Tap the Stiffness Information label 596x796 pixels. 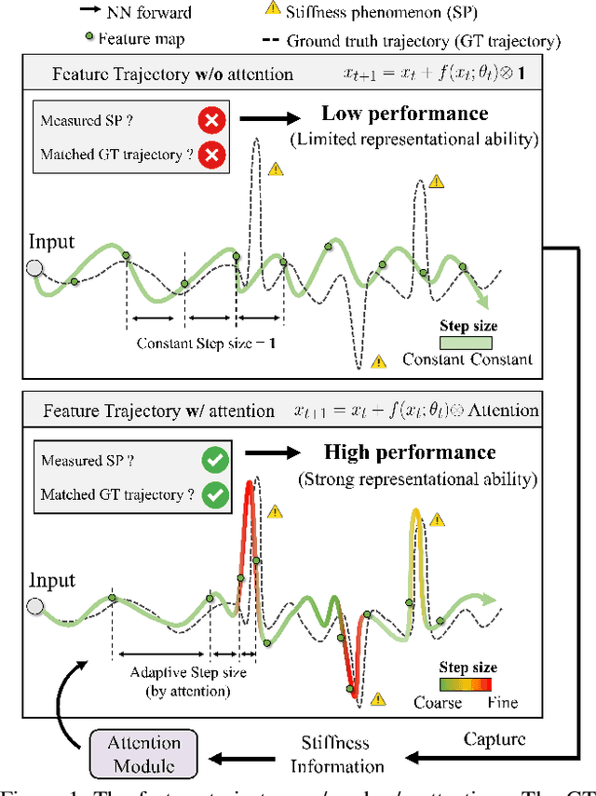coord(337,754)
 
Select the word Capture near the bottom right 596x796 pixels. coord(494,739)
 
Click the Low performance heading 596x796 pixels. coord(404,114)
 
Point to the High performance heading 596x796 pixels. coord(410,452)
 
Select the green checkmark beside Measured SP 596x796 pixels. coord(215,460)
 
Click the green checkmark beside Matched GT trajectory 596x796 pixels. coord(215,495)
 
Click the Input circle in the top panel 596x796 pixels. coord(34,269)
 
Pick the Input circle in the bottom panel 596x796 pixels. coord(34,608)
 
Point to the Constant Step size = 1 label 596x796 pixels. coord(206,343)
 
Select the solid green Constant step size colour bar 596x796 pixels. coord(467,343)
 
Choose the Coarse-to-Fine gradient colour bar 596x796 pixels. coord(467,684)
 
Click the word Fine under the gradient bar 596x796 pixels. coord(503,702)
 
